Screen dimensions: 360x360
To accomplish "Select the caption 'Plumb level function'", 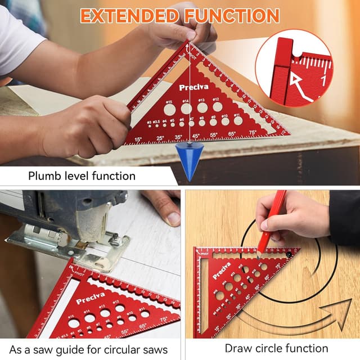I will pyautogui.click(x=82, y=176).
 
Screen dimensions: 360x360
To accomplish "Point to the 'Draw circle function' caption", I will pyautogui.click(x=276, y=348).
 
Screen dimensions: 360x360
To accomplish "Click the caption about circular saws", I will pyautogui.click(x=88, y=349).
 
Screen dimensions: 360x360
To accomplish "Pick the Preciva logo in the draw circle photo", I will pyautogui.click(x=221, y=269).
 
